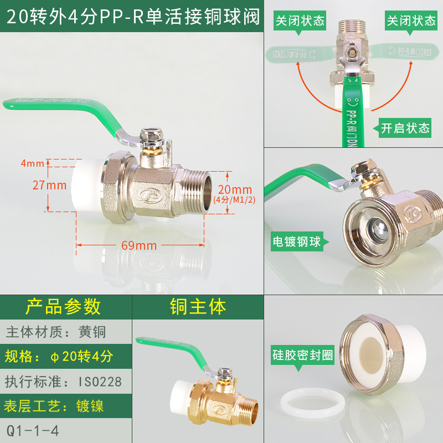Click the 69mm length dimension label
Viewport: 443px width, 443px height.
[x=139, y=245]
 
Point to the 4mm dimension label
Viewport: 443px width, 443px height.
[x=32, y=163]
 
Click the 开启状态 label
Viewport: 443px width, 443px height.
[x=405, y=128]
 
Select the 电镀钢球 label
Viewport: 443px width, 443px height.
[x=296, y=242]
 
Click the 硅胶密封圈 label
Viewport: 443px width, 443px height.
[x=302, y=356]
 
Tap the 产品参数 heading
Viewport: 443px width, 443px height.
[x=63, y=306]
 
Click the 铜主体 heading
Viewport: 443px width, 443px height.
[x=198, y=306]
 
